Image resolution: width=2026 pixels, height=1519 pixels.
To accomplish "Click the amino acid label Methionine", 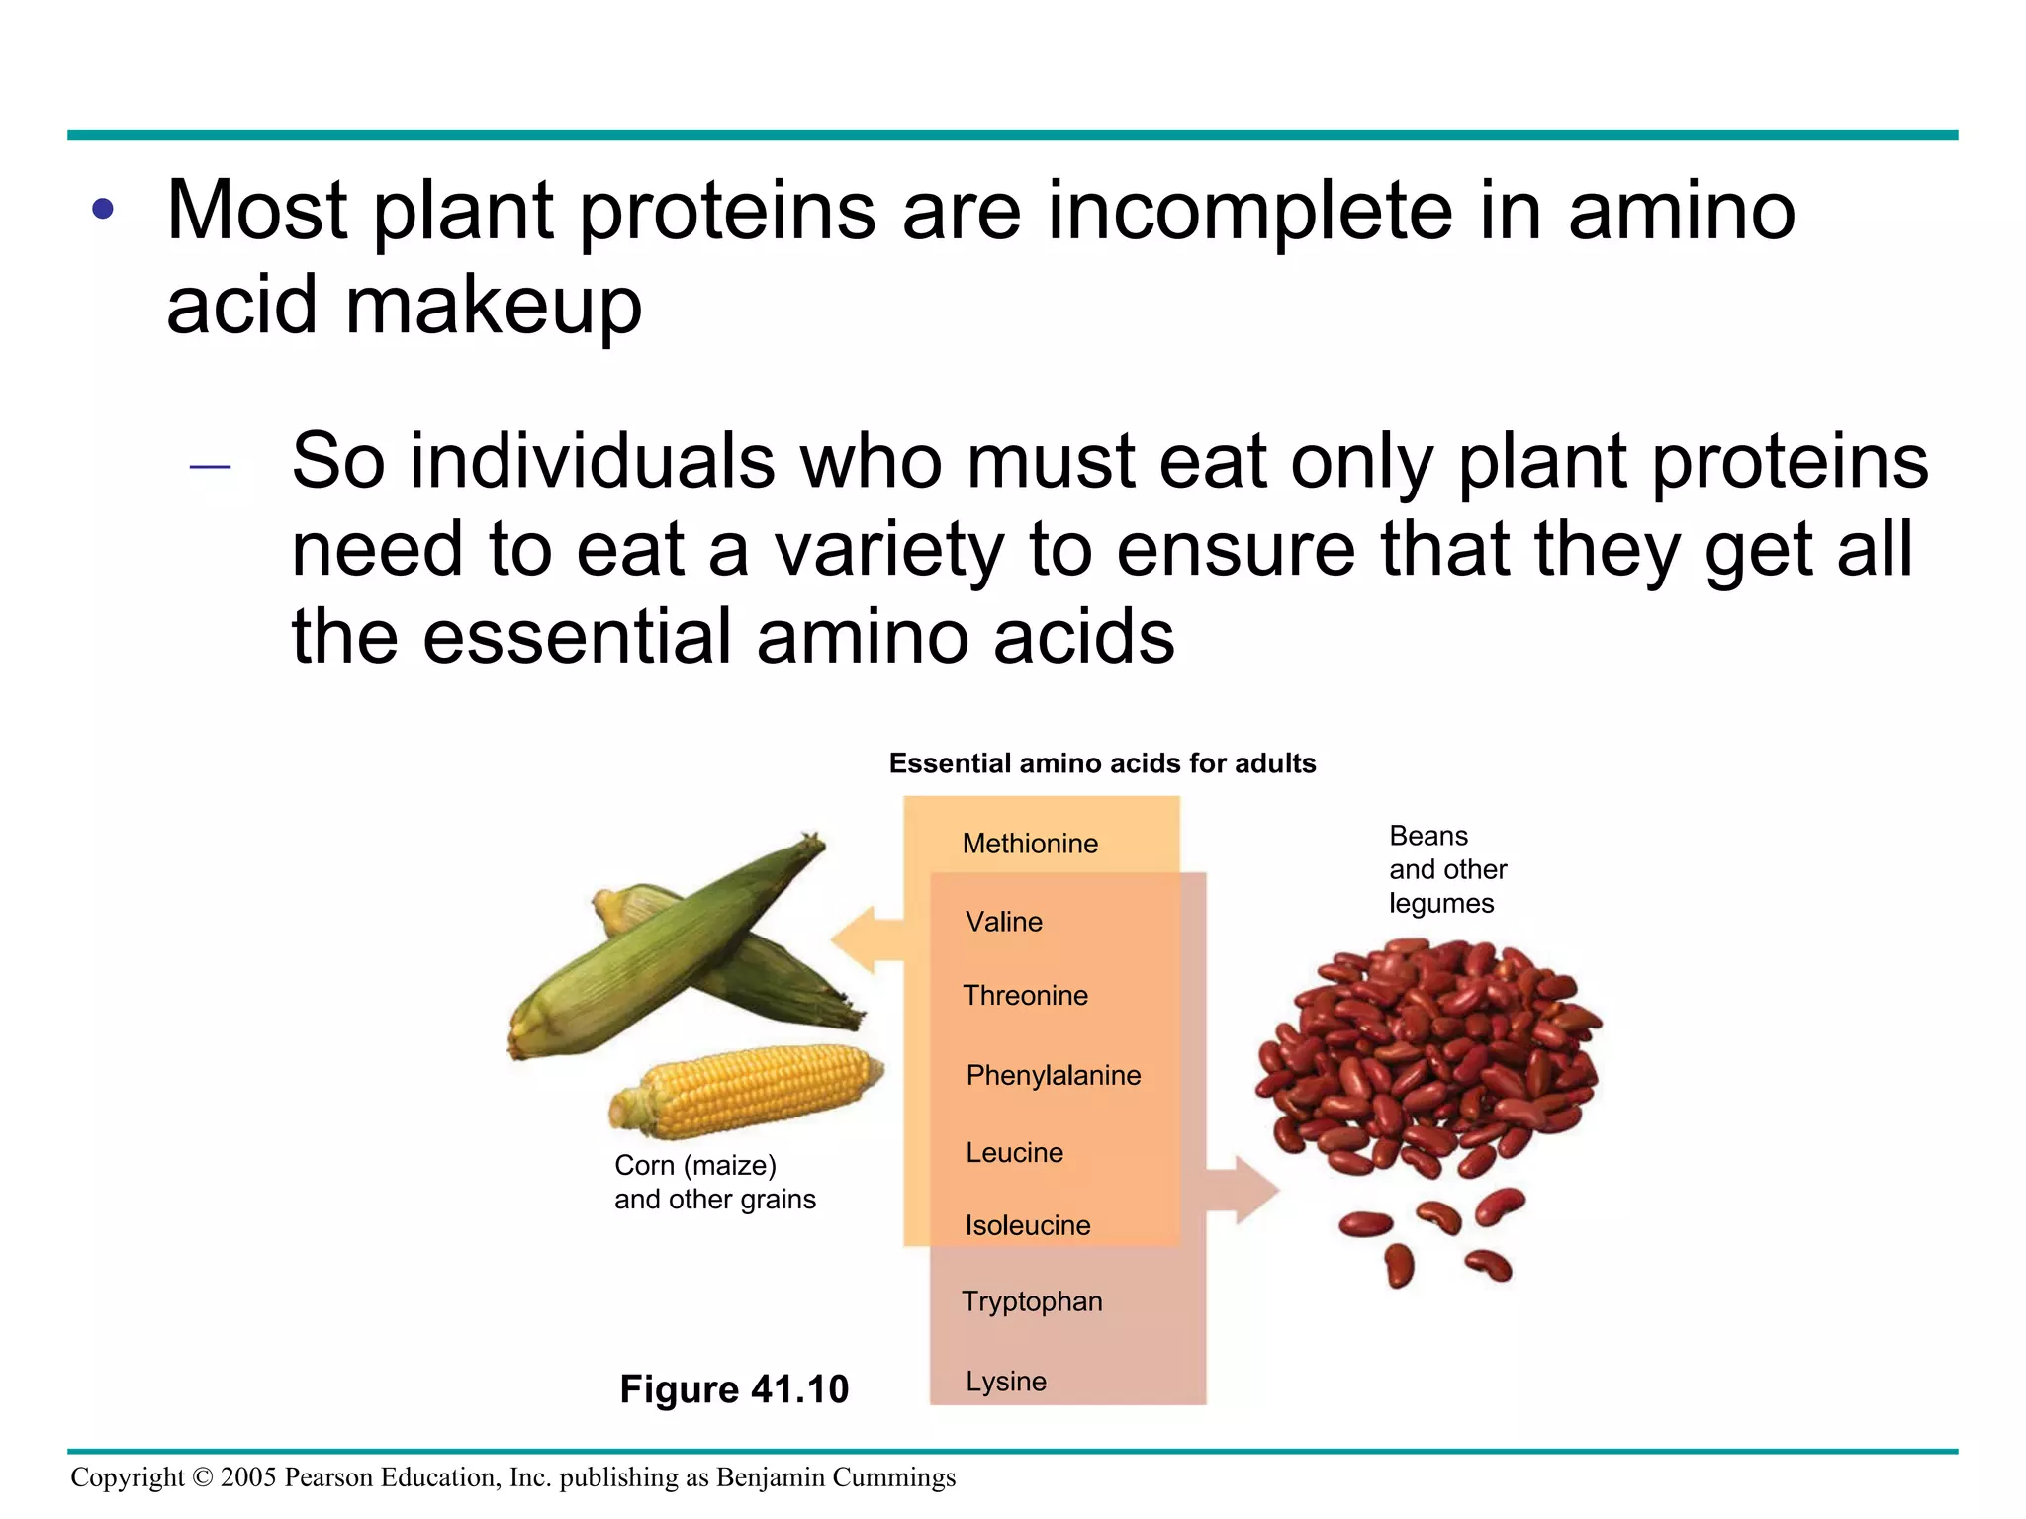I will tap(1030, 844).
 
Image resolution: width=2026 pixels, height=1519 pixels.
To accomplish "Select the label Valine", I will tap(1004, 922).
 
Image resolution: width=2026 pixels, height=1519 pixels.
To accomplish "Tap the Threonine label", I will tap(1025, 996).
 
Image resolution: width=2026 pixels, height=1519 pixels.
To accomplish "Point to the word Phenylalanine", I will tap(1053, 1075).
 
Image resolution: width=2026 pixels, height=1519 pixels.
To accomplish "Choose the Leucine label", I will tap(1014, 1152).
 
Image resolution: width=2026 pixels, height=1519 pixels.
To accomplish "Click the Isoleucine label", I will tap(1028, 1225).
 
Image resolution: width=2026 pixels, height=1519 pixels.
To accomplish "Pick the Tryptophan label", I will tap(1032, 1301).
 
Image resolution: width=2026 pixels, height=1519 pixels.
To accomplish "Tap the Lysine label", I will tap(1006, 1381).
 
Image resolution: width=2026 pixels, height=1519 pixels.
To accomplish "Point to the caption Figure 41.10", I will tap(734, 1389).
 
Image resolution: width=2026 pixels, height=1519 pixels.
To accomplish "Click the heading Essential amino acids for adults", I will tap(1102, 763).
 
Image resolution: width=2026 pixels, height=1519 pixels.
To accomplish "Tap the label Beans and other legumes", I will tap(1446, 869).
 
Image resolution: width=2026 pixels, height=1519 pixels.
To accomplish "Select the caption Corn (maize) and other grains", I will tap(714, 1182).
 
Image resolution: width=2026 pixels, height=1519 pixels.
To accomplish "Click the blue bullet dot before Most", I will tap(103, 210).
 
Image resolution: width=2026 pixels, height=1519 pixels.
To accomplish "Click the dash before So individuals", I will tap(210, 466).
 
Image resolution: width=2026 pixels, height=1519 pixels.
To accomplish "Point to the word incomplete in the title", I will tap(1251, 212).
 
